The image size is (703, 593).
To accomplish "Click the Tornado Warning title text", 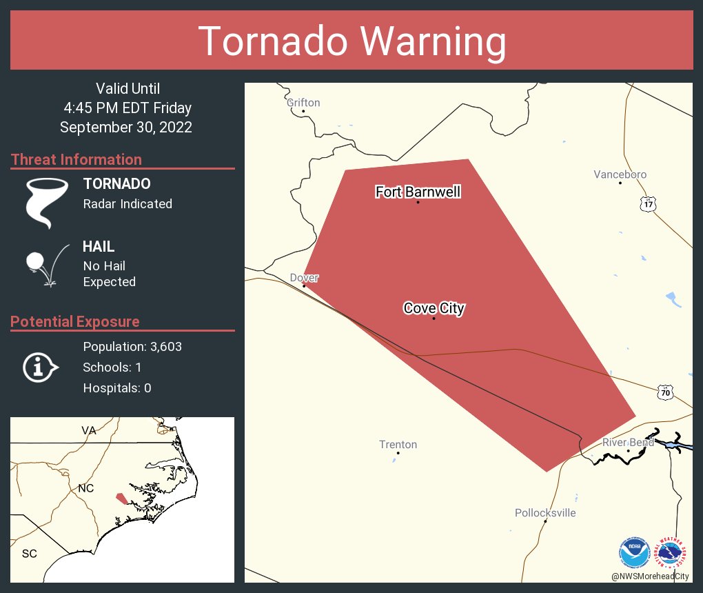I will click(x=351, y=41).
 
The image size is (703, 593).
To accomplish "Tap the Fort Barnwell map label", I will click(x=418, y=192).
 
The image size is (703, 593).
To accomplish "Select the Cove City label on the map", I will click(x=434, y=308).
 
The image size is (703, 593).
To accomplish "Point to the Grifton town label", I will click(x=303, y=103).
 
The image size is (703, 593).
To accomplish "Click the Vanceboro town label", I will click(x=620, y=174).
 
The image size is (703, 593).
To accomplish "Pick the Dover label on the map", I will click(x=304, y=278).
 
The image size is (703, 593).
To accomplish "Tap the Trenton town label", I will click(x=398, y=445).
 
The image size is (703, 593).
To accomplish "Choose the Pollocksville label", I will click(x=544, y=513).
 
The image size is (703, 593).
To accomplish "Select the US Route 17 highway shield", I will click(x=646, y=203).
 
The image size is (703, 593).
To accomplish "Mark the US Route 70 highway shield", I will click(x=664, y=392).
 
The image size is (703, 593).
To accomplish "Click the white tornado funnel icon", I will click(x=47, y=202).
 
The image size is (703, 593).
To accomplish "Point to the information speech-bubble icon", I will click(x=40, y=368).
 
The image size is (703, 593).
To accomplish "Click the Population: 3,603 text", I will click(x=132, y=347).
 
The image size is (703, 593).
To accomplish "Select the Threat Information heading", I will click(x=76, y=160).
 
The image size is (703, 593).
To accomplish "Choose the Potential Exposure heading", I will click(x=74, y=322).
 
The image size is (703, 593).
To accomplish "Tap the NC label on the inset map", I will click(x=85, y=488).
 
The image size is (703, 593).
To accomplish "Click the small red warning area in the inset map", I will click(x=121, y=499).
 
